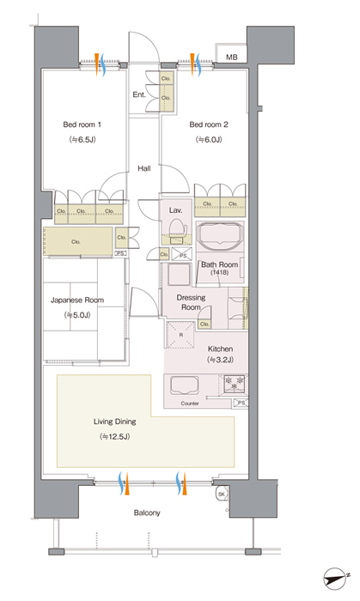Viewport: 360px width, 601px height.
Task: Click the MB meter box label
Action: pyautogui.click(x=232, y=58)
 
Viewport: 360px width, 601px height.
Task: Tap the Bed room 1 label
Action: pyautogui.click(x=82, y=124)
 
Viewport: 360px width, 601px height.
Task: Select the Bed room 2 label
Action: pyautogui.click(x=209, y=124)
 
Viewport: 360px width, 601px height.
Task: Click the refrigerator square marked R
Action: pyautogui.click(x=181, y=335)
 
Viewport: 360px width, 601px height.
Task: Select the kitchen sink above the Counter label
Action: pyautogui.click(x=185, y=386)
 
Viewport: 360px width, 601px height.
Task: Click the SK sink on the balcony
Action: pyautogui.click(x=222, y=494)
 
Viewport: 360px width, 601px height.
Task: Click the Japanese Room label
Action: pyautogui.click(x=77, y=300)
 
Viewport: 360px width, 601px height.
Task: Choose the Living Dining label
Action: pyautogui.click(x=114, y=422)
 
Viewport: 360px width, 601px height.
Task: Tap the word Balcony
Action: pyautogui.click(x=147, y=513)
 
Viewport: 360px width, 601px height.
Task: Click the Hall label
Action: pyautogui.click(x=144, y=168)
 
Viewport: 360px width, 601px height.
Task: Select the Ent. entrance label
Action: pyautogui.click(x=139, y=94)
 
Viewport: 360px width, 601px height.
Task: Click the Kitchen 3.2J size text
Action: pyautogui.click(x=220, y=360)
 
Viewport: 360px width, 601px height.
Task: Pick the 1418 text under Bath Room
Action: pyautogui.click(x=219, y=272)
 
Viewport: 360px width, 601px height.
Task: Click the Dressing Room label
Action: pyautogui.click(x=191, y=302)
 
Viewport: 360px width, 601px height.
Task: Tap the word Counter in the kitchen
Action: pyautogui.click(x=190, y=404)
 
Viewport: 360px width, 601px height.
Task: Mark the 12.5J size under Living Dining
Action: pyautogui.click(x=114, y=436)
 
